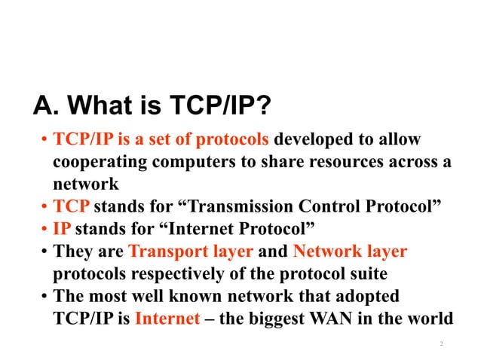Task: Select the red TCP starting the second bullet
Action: coord(69,206)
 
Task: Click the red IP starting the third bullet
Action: coord(62,228)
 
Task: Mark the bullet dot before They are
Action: coord(44,252)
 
